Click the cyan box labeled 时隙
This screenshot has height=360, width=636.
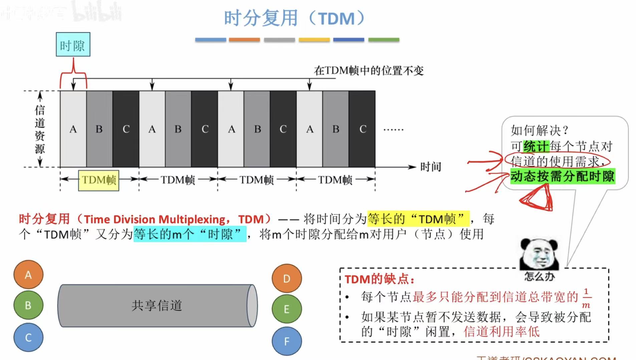[x=73, y=44]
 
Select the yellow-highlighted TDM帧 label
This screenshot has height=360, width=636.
[x=98, y=180]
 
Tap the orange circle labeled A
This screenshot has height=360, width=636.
[x=28, y=275]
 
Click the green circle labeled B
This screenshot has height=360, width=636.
[x=28, y=305]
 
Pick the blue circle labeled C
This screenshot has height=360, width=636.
[x=28, y=337]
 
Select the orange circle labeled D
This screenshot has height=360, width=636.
[x=286, y=279]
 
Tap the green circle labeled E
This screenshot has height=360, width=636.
[x=286, y=309]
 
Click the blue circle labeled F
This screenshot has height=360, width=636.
[x=286, y=341]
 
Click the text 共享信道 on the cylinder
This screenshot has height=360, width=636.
[x=157, y=305]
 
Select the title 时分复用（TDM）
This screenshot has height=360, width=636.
[x=294, y=18]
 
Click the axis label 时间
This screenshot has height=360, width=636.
[x=430, y=167]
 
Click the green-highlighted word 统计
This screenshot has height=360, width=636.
[x=536, y=146]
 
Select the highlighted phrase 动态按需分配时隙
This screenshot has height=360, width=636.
[x=562, y=176]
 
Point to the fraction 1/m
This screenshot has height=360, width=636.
[x=586, y=298]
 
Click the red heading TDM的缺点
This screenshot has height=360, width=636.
[x=379, y=279]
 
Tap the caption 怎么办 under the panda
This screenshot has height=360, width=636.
[x=539, y=276]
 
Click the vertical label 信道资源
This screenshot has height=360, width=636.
[x=40, y=129]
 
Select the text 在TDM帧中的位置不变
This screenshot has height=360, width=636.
[x=369, y=71]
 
